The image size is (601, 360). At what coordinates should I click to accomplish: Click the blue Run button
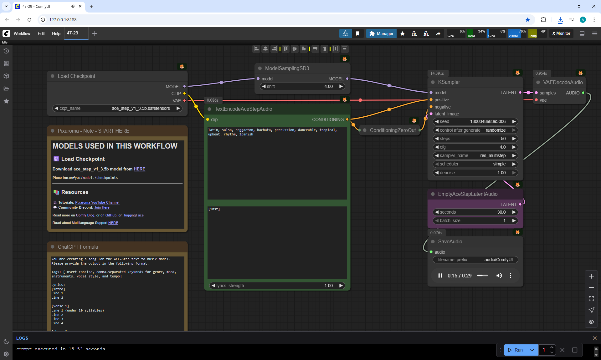coord(515,350)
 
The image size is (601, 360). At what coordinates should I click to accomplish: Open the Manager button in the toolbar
coord(381,33)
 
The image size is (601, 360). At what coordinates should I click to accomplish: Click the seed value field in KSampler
coord(475,121)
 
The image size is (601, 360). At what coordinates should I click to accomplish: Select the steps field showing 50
coord(475,139)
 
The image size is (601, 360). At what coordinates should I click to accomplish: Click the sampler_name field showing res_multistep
coord(475,155)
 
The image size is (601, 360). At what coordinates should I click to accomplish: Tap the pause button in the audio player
coord(440,276)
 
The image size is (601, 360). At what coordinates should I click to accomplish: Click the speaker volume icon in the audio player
coord(499,276)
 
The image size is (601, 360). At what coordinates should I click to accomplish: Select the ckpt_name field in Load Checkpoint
coord(117,108)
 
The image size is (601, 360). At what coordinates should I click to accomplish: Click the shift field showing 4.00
coord(302,86)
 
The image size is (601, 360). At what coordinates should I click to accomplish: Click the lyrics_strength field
coord(277,286)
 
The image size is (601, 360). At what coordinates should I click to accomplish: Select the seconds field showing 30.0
coord(475,212)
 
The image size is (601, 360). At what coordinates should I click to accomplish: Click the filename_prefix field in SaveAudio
coord(475,260)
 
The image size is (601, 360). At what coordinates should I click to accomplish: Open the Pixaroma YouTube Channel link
coord(97,202)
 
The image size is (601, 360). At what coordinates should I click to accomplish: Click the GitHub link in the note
coord(111,215)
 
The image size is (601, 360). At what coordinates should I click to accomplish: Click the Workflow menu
coord(22,33)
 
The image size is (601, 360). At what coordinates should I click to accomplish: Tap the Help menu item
coord(56,33)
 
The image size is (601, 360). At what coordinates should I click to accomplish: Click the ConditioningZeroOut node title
coord(393,130)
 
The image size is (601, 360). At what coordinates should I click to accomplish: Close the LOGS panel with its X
coord(594,338)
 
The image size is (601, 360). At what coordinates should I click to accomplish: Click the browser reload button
coord(29,20)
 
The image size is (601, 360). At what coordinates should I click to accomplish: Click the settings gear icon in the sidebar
coord(6,354)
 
